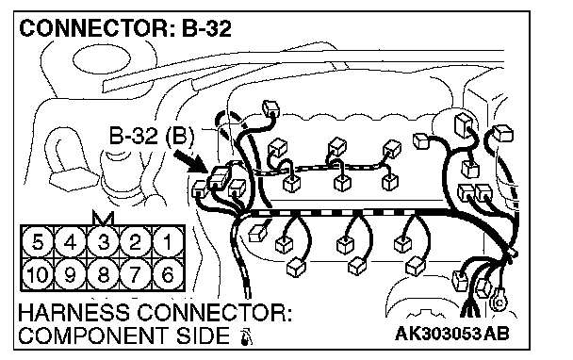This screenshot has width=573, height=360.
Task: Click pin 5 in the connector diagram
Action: (x=38, y=243)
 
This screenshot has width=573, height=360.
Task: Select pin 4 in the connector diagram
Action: (x=70, y=243)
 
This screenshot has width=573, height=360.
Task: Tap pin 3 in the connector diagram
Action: (x=103, y=243)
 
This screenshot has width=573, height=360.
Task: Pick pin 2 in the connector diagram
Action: (x=136, y=243)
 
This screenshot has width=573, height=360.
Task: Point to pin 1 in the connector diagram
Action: (x=168, y=243)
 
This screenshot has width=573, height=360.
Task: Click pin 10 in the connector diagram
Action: (x=38, y=274)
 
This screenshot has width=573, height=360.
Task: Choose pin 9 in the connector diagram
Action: (x=70, y=274)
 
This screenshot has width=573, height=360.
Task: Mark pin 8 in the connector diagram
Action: (x=103, y=274)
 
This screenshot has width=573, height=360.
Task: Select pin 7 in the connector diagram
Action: (x=136, y=274)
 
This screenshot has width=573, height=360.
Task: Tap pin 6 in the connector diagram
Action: (x=168, y=274)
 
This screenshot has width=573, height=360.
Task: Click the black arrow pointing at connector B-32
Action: (x=190, y=161)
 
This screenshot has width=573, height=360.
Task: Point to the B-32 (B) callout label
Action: (x=152, y=136)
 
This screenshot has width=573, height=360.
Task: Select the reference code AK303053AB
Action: (x=451, y=334)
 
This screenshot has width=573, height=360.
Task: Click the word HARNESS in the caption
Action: (x=74, y=313)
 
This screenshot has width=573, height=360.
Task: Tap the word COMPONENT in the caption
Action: (x=94, y=335)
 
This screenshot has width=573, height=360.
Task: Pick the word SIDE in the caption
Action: (x=204, y=335)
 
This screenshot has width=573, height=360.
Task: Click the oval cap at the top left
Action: (x=102, y=59)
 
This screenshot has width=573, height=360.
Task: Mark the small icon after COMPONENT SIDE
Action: (x=246, y=337)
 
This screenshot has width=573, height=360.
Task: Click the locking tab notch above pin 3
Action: (x=104, y=218)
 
